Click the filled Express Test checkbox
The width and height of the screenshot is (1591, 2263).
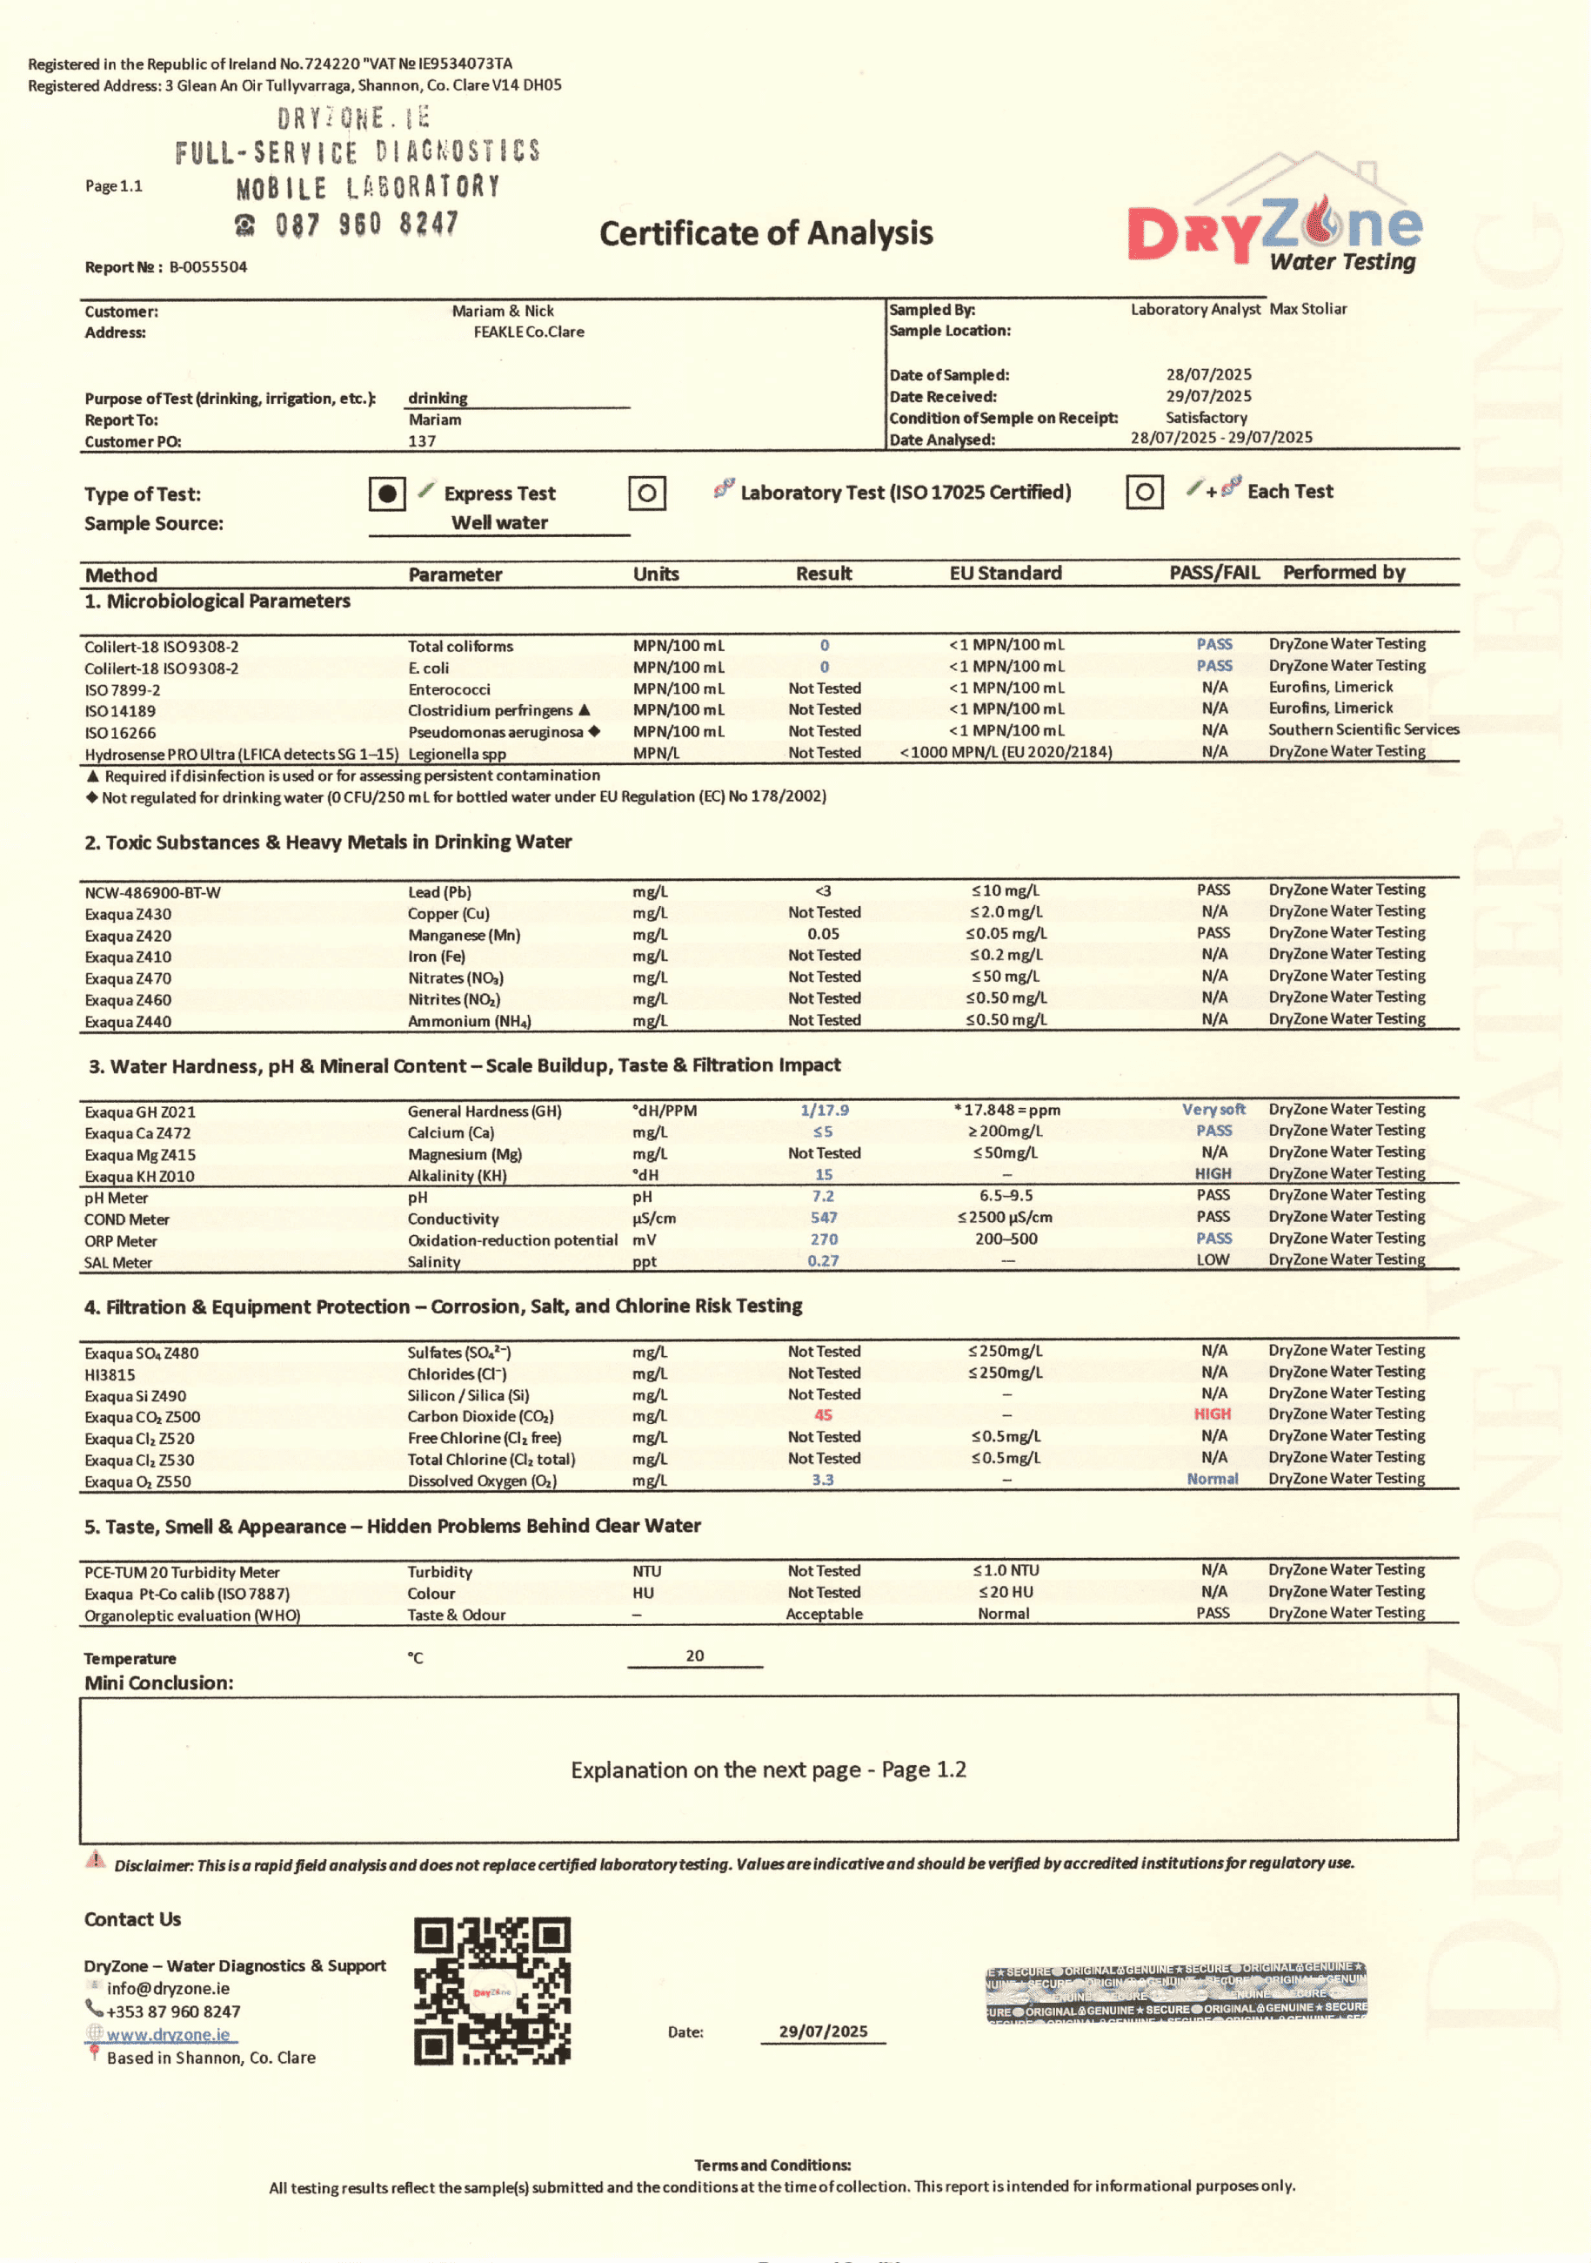(x=387, y=493)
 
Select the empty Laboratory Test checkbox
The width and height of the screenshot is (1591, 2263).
(x=647, y=493)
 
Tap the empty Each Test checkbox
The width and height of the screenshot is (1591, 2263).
(x=1145, y=492)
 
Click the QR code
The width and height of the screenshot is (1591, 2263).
(x=491, y=1990)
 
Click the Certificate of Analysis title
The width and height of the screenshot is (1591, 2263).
(x=765, y=233)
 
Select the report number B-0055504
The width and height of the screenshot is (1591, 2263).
(x=208, y=267)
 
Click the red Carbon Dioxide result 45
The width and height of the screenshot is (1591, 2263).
(x=824, y=1415)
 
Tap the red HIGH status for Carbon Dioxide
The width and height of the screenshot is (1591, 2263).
(x=1213, y=1414)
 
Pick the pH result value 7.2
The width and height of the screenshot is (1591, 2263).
(x=824, y=1197)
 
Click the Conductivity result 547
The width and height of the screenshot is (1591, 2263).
(x=824, y=1219)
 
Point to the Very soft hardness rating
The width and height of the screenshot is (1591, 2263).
(x=1213, y=1110)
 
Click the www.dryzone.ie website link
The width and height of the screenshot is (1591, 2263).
(x=169, y=2034)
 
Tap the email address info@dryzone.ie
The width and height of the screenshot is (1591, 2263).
(x=169, y=1989)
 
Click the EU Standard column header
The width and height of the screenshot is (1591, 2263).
(x=1005, y=574)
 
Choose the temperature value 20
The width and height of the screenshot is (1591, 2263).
(x=694, y=1655)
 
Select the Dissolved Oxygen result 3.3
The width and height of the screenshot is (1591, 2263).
(x=824, y=1481)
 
